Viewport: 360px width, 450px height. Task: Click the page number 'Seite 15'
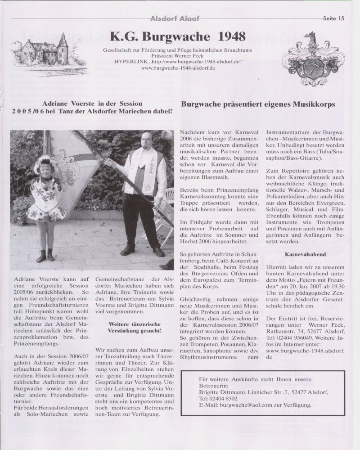coord(333,18)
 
